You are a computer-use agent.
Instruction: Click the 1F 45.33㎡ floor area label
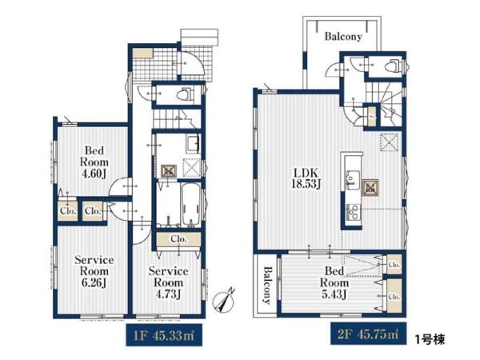(164, 335)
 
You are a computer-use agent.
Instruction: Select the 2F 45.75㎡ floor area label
(368, 334)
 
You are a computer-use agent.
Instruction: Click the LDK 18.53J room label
(306, 178)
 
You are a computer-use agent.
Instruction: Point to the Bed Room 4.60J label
(94, 162)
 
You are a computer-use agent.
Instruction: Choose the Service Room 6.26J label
(94, 271)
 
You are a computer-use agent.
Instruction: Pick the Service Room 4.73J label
(168, 282)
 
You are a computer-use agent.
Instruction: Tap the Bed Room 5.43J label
(334, 282)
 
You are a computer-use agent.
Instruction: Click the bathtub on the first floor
(190, 205)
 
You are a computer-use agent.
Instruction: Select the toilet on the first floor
(186, 94)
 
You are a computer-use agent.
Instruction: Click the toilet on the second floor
(391, 66)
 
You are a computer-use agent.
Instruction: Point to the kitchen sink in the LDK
(352, 180)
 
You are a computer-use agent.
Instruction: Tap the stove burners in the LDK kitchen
(353, 212)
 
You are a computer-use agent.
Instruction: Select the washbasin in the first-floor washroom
(193, 144)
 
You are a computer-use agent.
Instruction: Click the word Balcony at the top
(343, 37)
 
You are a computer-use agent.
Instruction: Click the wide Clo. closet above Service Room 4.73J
(178, 238)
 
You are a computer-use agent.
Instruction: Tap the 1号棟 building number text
(430, 339)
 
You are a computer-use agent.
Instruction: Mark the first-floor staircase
(177, 118)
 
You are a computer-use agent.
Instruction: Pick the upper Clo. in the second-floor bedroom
(394, 264)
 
